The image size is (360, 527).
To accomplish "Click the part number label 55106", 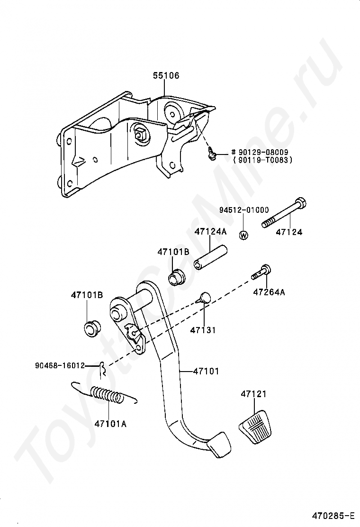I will point(166,76).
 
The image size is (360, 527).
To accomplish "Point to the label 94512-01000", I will point(243,210).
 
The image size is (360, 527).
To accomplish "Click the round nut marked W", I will point(243,235).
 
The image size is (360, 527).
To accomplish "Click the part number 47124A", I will point(211,232).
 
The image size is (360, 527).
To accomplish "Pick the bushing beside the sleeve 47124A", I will point(178,276).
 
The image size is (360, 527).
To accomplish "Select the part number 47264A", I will point(269,292).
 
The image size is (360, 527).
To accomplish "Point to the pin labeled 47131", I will point(204,298).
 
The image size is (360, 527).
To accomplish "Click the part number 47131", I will point(203,330).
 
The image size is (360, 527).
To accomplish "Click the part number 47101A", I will point(110,424).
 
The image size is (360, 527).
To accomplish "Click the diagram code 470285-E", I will point(333,515).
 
